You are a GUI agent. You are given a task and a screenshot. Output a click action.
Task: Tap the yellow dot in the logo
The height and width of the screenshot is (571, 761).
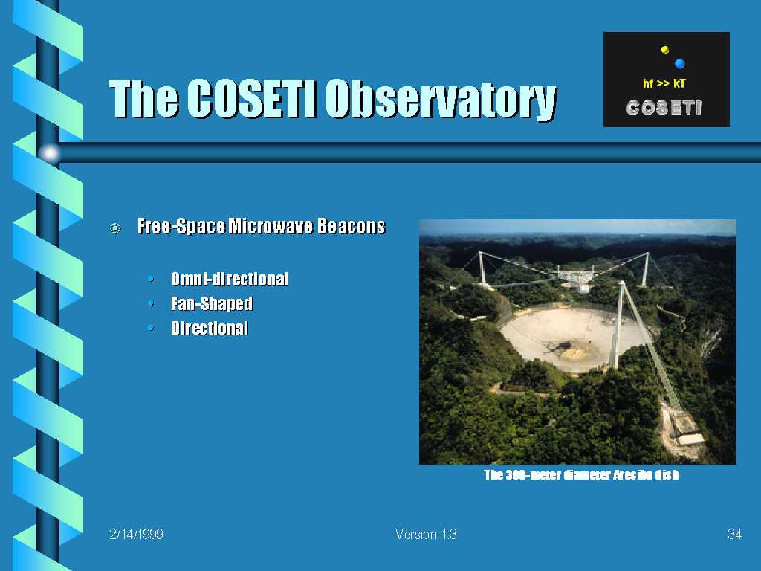tap(665, 50)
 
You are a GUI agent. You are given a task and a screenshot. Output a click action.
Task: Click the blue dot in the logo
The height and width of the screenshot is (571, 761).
tap(680, 63)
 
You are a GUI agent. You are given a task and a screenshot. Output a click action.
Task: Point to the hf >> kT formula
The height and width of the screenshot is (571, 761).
tap(664, 83)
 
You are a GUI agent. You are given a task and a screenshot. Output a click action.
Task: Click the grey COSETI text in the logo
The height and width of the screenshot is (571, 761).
tap(664, 108)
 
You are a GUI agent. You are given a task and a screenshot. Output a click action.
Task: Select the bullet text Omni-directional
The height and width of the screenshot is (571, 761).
tap(230, 280)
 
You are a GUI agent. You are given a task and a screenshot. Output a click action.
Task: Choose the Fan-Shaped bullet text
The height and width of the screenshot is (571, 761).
tap(212, 304)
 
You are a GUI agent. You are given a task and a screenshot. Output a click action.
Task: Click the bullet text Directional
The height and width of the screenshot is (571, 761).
tap(210, 328)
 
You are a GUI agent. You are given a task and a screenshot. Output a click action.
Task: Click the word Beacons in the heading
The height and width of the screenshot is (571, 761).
tap(352, 226)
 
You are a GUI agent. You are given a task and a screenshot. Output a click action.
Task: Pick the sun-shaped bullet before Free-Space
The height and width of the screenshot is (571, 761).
tap(115, 228)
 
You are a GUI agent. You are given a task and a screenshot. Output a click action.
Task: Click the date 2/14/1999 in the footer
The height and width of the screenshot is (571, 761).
tap(137, 534)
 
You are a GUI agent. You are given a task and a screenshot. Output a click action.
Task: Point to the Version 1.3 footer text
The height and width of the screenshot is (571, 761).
tap(426, 534)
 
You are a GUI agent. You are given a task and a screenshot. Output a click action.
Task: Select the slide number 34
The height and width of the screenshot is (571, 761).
tap(735, 534)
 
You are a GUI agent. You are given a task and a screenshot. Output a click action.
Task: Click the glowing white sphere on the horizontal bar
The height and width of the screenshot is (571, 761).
tap(50, 154)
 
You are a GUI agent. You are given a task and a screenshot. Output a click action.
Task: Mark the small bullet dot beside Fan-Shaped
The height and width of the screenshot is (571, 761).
tap(151, 303)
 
